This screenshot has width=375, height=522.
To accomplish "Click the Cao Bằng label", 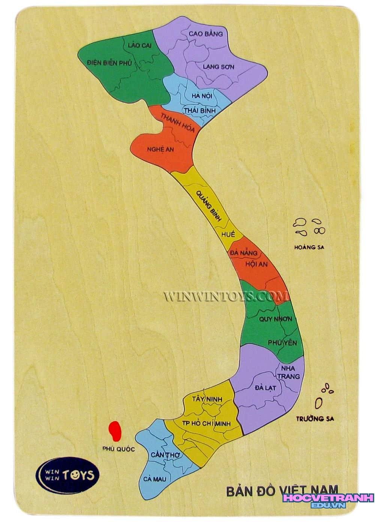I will [x=206, y=34].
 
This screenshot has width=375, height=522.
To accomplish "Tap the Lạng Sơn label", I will [x=219, y=67].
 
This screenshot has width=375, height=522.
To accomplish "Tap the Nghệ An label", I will [x=160, y=149].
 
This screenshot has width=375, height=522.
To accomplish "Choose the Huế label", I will [x=228, y=234].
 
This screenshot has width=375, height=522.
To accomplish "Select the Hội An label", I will [x=256, y=264].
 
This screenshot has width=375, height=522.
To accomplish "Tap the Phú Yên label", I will [x=282, y=343].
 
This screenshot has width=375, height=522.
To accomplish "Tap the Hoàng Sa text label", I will [x=309, y=247].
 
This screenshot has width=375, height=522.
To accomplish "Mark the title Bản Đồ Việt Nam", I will [x=282, y=491].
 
